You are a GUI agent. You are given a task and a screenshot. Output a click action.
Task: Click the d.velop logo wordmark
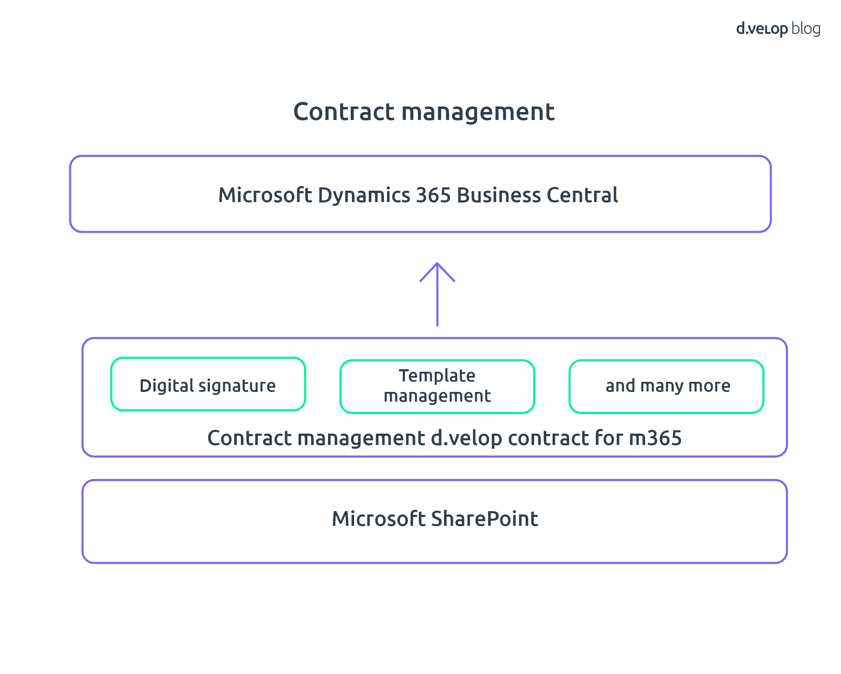762,29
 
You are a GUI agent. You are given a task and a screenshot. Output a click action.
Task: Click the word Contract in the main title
344,112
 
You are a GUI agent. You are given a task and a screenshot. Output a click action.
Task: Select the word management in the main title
478,112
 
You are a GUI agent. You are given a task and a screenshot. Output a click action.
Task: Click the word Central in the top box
582,195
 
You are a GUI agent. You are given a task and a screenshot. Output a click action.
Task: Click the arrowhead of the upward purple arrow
437,264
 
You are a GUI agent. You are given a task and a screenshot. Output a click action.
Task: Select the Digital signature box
208,384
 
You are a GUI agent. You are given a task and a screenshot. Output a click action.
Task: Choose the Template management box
437,386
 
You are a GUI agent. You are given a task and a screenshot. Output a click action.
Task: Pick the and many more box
666,386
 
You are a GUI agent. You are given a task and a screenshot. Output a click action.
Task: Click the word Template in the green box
437,376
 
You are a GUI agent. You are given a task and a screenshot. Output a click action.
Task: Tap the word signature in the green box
237,386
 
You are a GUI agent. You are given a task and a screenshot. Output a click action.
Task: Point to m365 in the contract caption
655,438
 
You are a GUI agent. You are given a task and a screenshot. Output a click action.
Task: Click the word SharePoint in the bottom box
485,519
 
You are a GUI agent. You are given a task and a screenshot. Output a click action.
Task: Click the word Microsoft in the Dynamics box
265,195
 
